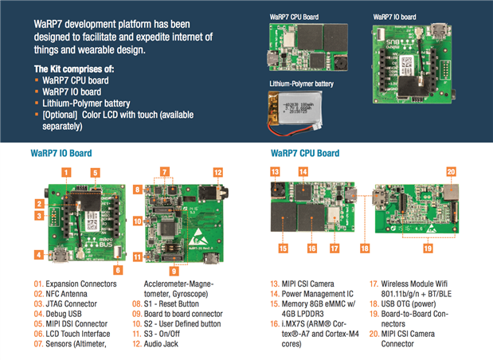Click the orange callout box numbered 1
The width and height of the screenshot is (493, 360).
pyautogui.click(x=68, y=170)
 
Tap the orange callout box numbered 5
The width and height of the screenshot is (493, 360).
pyautogui.click(x=95, y=171)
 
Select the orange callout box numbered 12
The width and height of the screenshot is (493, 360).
pyautogui.click(x=217, y=171)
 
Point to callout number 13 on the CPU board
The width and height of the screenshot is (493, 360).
pyautogui.click(x=275, y=171)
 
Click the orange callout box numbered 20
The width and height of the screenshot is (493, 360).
pyautogui.click(x=451, y=171)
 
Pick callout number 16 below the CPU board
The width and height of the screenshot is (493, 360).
pyautogui.click(x=311, y=248)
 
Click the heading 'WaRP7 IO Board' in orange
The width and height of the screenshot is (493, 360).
pyautogui.click(x=61, y=152)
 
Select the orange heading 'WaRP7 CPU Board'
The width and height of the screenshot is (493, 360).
pyautogui.click(x=303, y=152)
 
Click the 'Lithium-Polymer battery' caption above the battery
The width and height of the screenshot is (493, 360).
pyautogui.click(x=301, y=84)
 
